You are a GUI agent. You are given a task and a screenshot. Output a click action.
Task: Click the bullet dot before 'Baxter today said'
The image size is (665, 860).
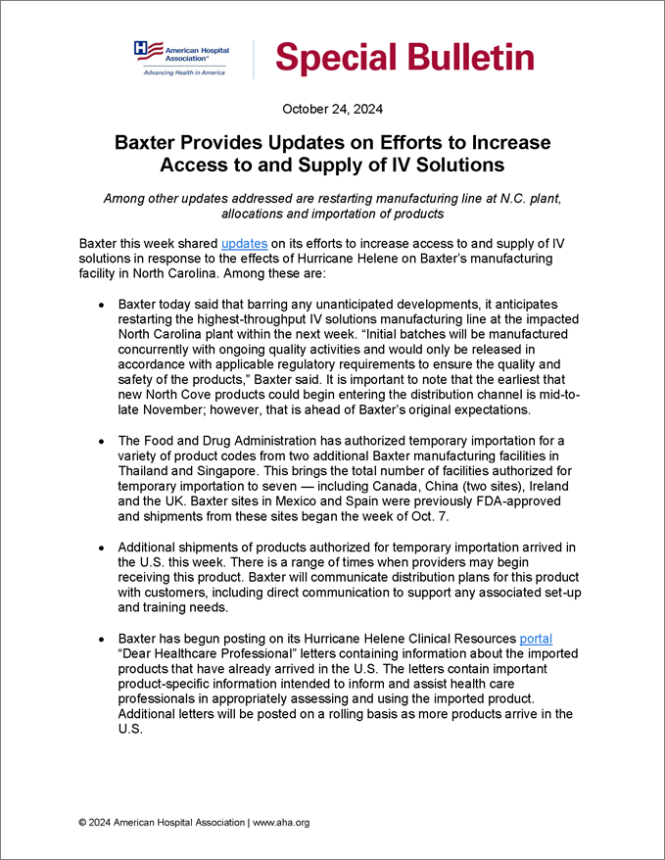103,307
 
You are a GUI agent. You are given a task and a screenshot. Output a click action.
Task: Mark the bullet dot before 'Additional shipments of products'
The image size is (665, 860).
103,546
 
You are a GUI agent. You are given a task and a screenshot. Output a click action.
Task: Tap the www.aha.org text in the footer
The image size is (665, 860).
281,823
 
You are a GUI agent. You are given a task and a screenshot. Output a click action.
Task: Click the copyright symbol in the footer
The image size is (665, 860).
83,823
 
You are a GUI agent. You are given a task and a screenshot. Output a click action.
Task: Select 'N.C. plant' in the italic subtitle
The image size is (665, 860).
522,198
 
